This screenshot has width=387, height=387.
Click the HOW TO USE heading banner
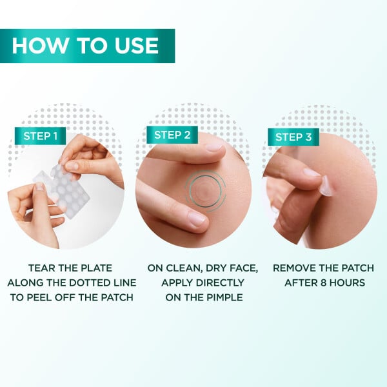pos(86,46)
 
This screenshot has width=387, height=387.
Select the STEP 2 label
pos(172,135)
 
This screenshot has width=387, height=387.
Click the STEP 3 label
pos(293,137)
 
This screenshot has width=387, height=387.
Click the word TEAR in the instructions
pos(43,267)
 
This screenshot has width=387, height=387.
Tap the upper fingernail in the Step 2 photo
pos(213,146)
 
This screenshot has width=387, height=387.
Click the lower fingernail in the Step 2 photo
pos(197,219)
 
